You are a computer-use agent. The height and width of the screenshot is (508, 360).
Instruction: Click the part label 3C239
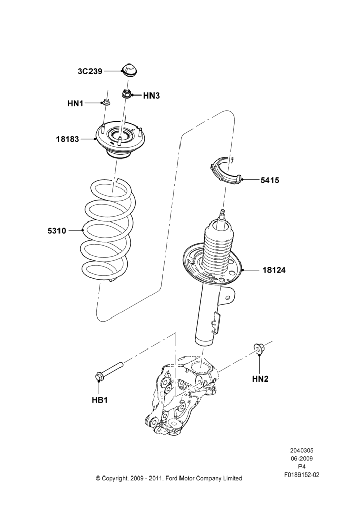tap(90, 71)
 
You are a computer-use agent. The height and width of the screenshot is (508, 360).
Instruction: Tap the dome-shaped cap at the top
tap(129, 69)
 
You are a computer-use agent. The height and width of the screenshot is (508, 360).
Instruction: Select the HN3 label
tap(152, 96)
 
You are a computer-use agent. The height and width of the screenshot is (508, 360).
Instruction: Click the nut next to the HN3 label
tap(126, 94)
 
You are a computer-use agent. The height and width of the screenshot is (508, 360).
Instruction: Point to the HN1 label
tap(75, 103)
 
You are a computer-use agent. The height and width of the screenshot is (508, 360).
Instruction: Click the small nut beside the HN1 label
tap(106, 103)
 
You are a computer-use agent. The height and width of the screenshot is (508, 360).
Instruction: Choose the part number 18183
tap(68, 139)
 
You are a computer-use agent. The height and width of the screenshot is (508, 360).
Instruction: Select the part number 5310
tap(57, 231)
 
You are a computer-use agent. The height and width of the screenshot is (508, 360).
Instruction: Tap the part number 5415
tap(270, 180)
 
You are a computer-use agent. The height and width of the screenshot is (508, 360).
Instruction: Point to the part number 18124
tap(274, 270)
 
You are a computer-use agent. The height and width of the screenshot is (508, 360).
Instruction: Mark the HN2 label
tap(260, 378)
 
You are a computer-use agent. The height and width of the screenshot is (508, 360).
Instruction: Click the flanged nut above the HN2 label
tap(258, 347)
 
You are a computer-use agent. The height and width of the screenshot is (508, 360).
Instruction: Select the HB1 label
tap(99, 400)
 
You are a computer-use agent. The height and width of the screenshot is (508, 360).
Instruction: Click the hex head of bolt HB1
tap(99, 377)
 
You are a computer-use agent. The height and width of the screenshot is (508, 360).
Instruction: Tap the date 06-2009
tap(302, 458)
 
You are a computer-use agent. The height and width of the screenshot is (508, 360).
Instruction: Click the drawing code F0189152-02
tap(302, 474)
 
